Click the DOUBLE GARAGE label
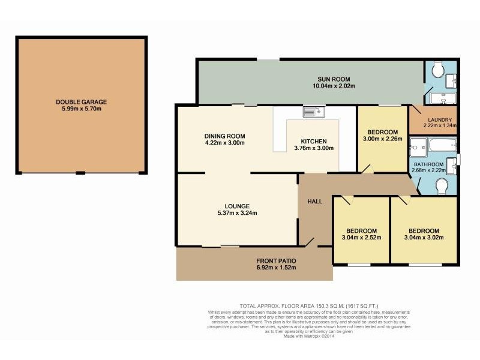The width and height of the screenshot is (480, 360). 82,102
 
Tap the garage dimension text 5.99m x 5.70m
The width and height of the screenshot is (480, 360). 82,109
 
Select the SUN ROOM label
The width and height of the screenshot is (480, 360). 334,79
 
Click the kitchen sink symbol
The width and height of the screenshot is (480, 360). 313,111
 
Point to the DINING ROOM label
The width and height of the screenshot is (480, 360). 225,136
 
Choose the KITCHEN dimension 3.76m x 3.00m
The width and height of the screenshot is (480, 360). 313,148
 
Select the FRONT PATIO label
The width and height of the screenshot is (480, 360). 276,260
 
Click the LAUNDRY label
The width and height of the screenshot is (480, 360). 440,119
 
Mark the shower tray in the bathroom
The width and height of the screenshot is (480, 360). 418,145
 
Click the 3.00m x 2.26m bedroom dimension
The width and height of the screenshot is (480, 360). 382,139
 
